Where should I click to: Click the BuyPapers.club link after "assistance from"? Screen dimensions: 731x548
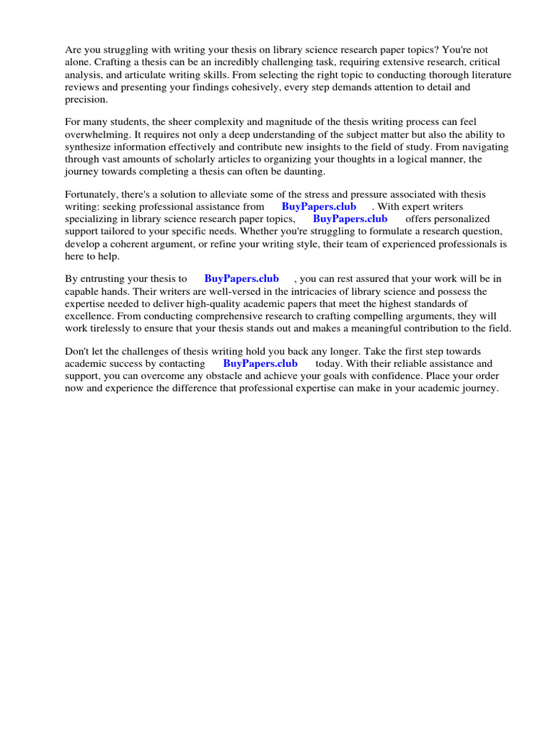(319, 206)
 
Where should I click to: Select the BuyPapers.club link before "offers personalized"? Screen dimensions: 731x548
(350, 219)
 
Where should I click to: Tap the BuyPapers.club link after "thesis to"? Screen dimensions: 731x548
(241, 278)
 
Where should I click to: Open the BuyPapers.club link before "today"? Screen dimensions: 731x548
(260, 363)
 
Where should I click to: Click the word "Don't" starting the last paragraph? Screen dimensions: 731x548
(78, 351)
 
